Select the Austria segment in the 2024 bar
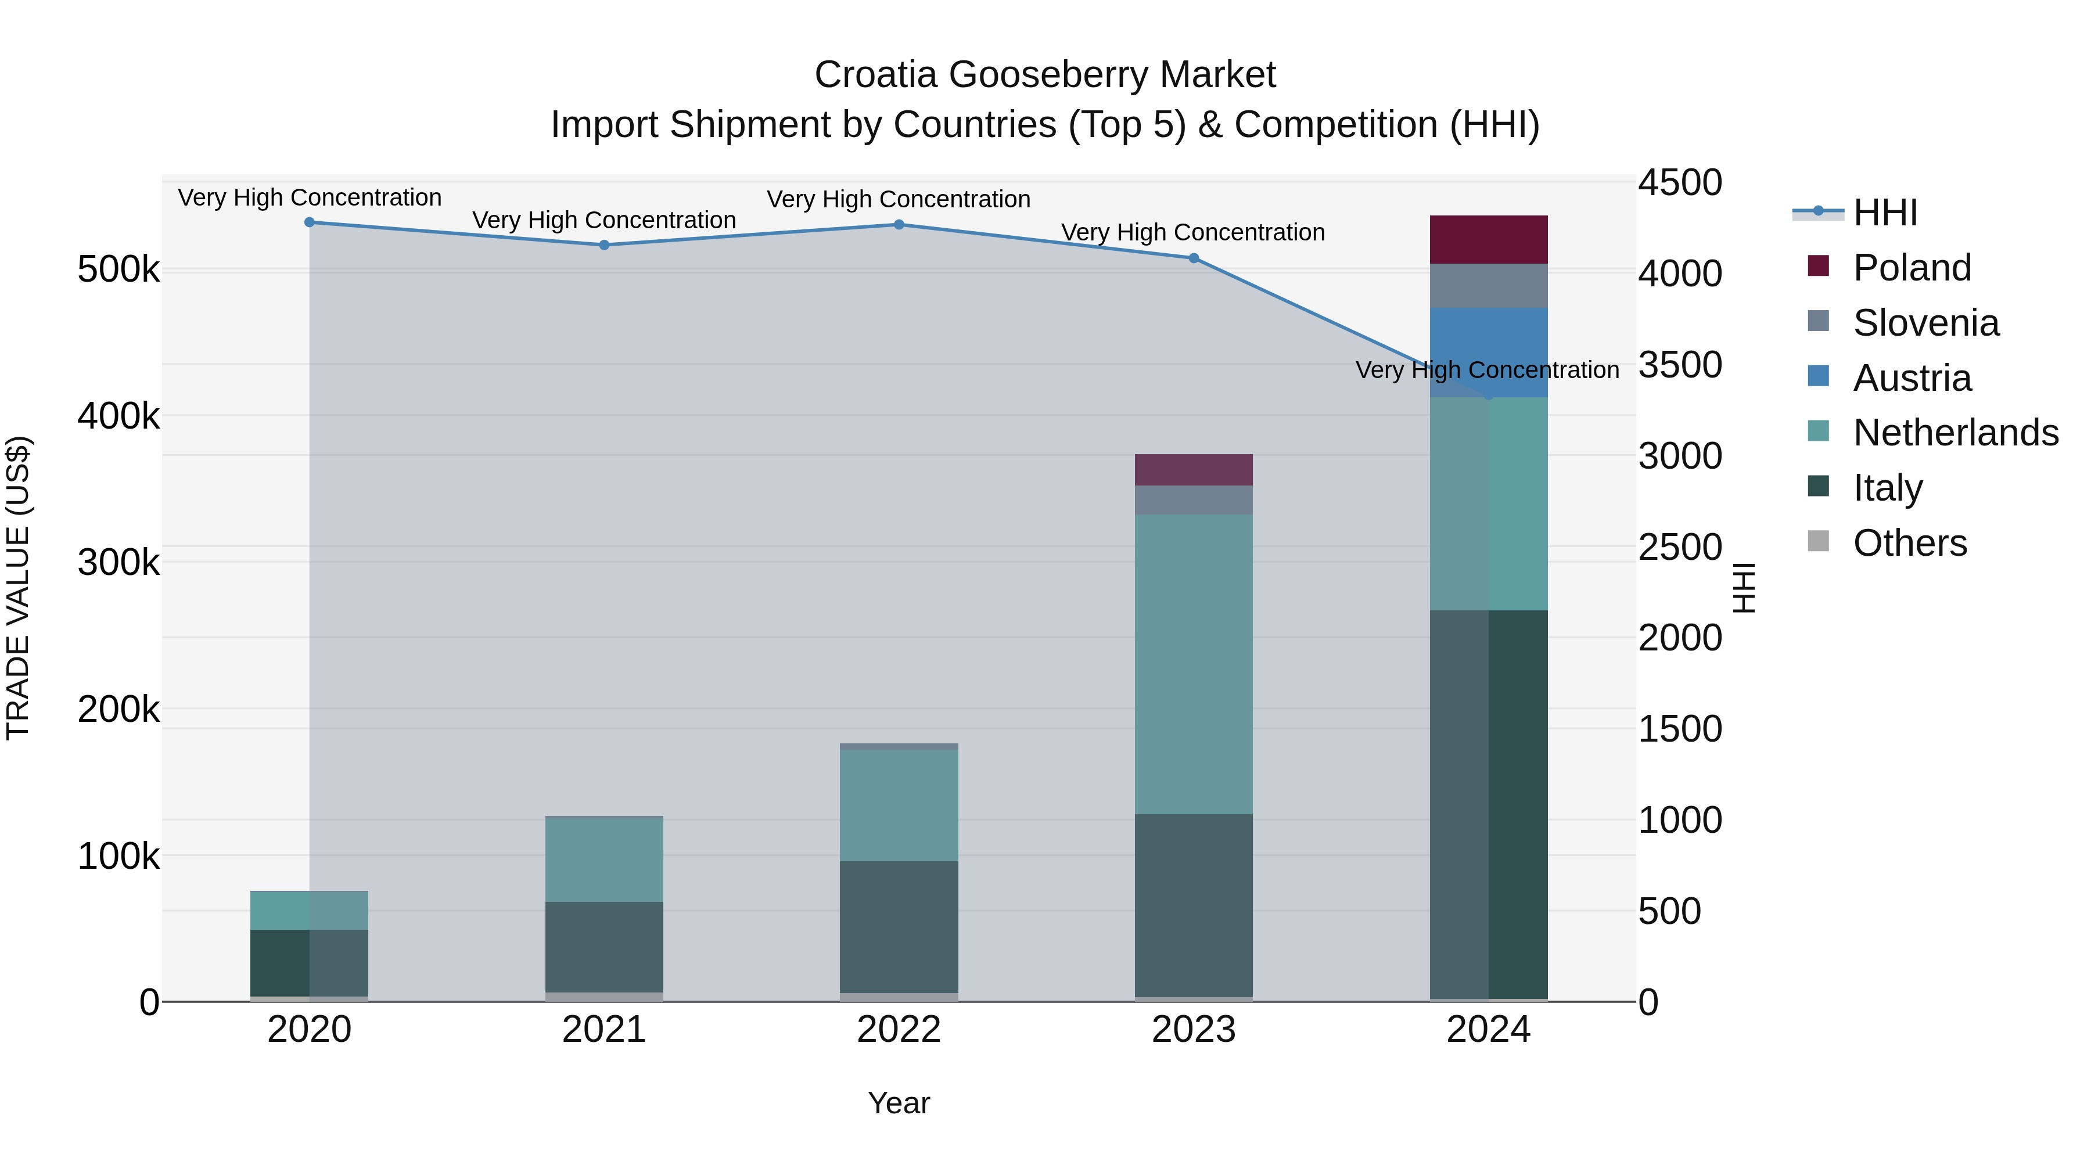pyautogui.click(x=1488, y=353)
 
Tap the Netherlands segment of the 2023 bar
pyautogui.click(x=1193, y=664)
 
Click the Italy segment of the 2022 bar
pyautogui.click(x=899, y=926)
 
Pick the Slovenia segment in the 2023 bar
pyautogui.click(x=1193, y=500)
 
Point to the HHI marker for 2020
pyautogui.click(x=309, y=222)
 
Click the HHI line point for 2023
pyautogui.click(x=1193, y=258)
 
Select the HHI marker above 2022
pyautogui.click(x=899, y=225)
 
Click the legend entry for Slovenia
pyautogui.click(x=1925, y=323)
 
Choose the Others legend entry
pyautogui.click(x=1909, y=543)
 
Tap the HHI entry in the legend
pyautogui.click(x=1885, y=213)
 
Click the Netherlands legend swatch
pyautogui.click(x=1818, y=431)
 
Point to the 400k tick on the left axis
pyautogui.click(x=118, y=416)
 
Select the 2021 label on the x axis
pyautogui.click(x=604, y=1030)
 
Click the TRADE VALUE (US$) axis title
pyautogui.click(x=18, y=588)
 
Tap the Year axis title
pyautogui.click(x=899, y=1103)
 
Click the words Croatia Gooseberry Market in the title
pyautogui.click(x=1045, y=75)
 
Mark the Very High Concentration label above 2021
pyautogui.click(x=604, y=220)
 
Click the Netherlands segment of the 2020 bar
pyautogui.click(x=309, y=910)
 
